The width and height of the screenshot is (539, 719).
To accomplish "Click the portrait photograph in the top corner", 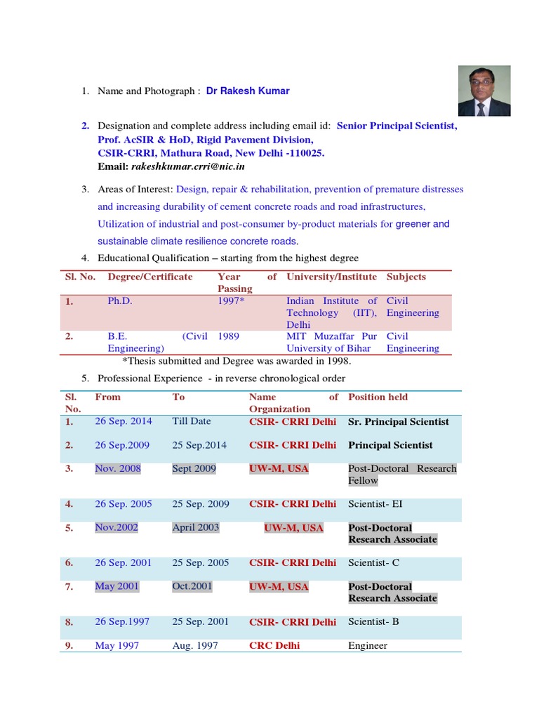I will point(484,91).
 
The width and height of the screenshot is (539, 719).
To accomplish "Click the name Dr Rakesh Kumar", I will point(248,91).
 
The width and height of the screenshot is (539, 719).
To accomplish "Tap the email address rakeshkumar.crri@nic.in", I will point(187,167).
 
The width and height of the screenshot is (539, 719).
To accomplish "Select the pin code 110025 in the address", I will point(306,153).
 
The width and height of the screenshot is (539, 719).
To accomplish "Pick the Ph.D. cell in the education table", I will point(119,301).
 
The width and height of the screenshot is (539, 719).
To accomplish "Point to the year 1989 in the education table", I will point(228,336).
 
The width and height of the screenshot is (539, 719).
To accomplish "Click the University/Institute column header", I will point(331,277).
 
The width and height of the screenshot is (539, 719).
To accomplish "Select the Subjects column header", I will point(406,277).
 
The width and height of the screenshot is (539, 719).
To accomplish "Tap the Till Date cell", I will point(191,421).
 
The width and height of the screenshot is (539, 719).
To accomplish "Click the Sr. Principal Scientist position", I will point(399,422).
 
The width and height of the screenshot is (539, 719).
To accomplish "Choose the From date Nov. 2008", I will point(118,468).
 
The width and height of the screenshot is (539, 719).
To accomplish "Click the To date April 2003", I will point(196,527).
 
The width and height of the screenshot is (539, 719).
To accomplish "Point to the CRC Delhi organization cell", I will point(274,645).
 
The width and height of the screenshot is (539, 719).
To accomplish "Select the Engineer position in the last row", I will point(368,645).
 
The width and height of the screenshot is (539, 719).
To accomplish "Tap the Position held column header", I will point(378,397).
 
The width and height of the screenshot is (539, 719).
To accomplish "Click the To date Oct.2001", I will point(192,586).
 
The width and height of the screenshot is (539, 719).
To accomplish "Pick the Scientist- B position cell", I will point(374,622).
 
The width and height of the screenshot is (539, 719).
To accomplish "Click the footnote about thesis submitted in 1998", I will point(237,362).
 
